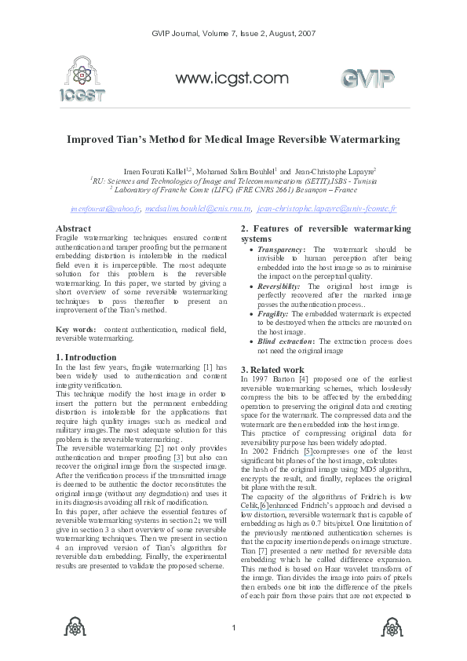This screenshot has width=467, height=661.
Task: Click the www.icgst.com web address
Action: [232, 78]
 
